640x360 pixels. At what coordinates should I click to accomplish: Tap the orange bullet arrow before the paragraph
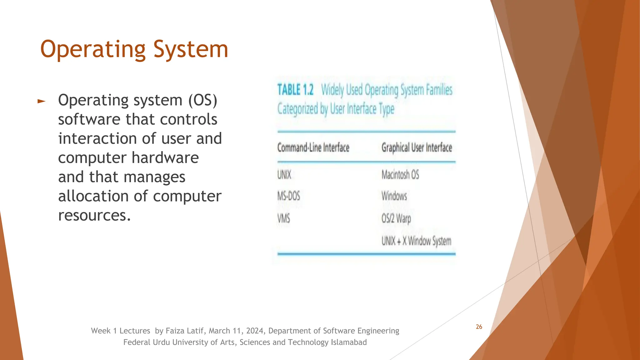[x=41, y=101]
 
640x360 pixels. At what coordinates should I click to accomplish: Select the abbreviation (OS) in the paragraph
[x=202, y=100]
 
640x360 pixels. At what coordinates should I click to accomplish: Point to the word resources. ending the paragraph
[x=94, y=215]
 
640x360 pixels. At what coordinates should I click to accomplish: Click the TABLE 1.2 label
[x=295, y=90]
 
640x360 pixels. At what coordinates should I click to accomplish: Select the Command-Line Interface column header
[x=313, y=147]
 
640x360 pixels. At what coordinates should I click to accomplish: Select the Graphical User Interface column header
[x=417, y=147]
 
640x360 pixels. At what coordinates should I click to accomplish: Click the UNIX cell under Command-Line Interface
[x=284, y=175]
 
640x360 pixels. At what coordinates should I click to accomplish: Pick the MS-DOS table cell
[x=288, y=196]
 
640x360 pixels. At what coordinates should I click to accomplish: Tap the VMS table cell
[x=283, y=218]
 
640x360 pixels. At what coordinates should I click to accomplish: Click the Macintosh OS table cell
[x=400, y=175]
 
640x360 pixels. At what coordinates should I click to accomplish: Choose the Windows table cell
[x=394, y=196]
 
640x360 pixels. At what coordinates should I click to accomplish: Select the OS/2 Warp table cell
[x=396, y=218]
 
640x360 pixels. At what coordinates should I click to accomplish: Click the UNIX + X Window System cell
[x=416, y=241]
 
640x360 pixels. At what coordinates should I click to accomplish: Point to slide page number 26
[x=479, y=327]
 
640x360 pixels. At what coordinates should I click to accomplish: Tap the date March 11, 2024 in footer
[x=237, y=331]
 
